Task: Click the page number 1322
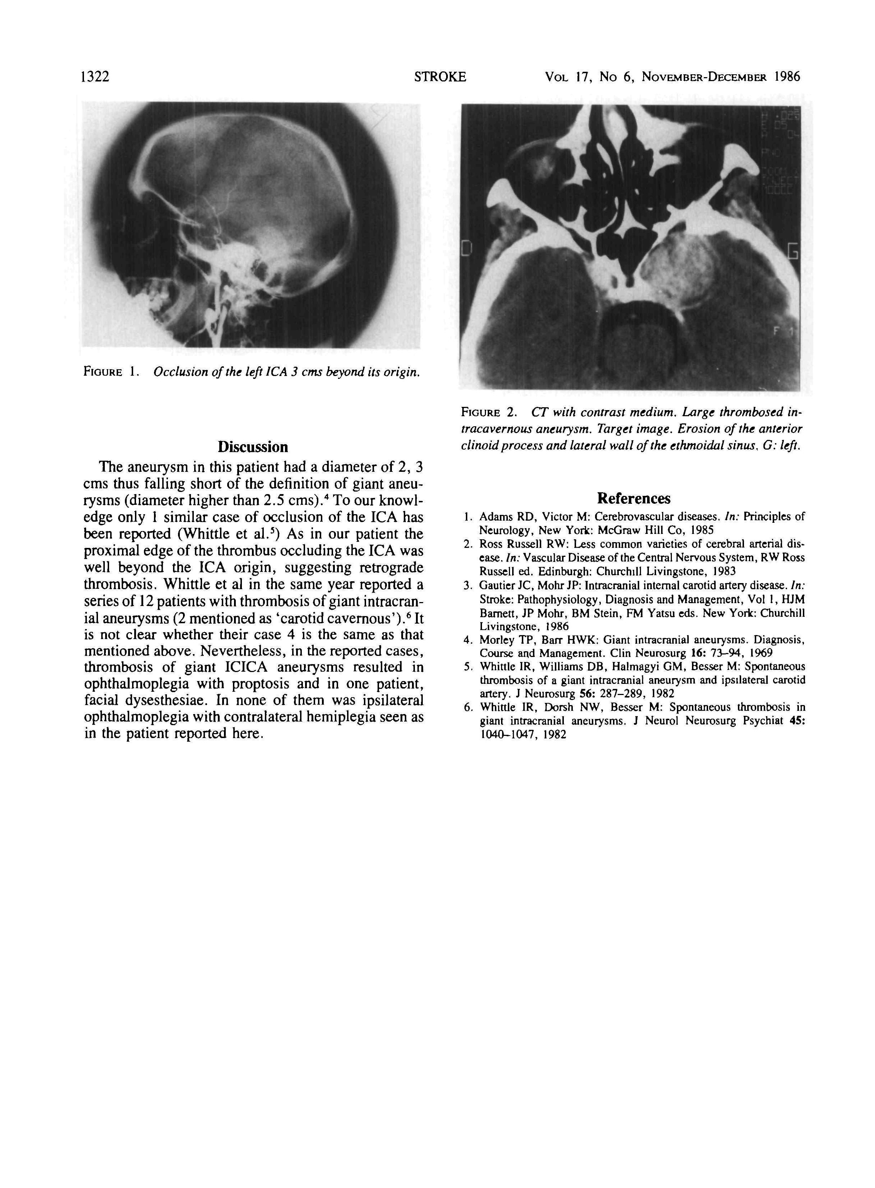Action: click(94, 77)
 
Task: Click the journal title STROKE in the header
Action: click(440, 77)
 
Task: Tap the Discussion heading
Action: click(253, 447)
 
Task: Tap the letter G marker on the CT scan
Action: click(792, 252)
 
